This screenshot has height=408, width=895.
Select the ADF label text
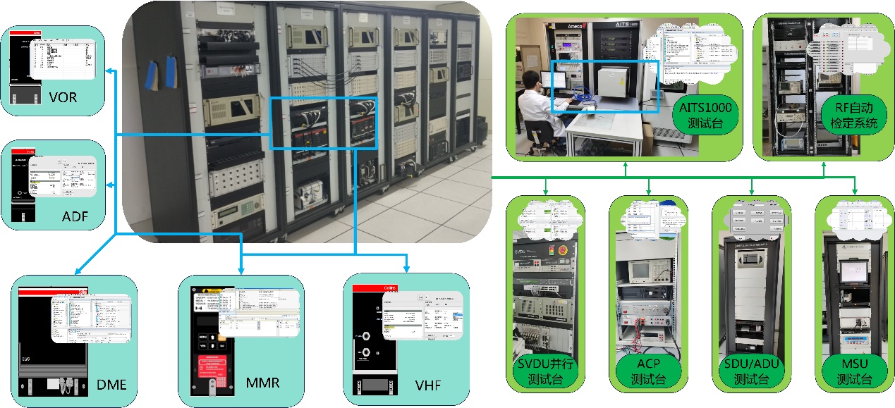75,216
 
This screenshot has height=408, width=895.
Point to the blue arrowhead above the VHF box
407,268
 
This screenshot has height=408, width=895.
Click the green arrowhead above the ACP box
648,190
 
